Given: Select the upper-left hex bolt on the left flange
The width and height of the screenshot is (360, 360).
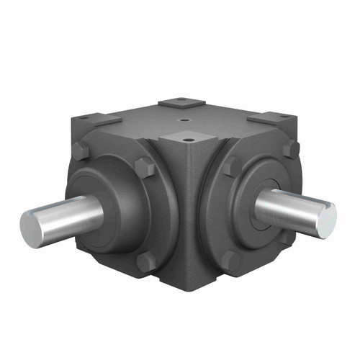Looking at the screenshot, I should [x=81, y=152].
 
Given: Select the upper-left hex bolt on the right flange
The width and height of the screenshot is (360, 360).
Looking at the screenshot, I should [x=228, y=168].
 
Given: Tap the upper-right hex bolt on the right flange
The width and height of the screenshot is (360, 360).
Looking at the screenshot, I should [x=291, y=148].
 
